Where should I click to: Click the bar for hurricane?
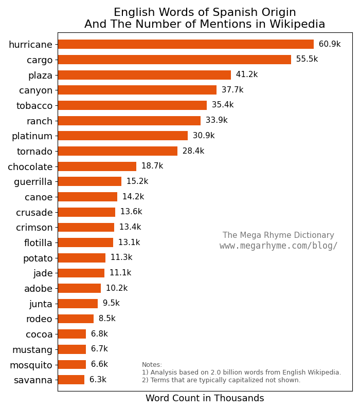pos(185,44)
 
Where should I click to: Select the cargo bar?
pos(174,60)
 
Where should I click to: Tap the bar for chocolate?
pos(97,166)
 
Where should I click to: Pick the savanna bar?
pos(71,380)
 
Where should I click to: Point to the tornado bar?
pos(117,151)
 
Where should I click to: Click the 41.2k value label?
pos(247,75)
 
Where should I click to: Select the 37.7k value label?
pos(232,90)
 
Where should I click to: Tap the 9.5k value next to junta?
pos(111,304)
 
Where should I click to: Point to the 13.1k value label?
pos(129,242)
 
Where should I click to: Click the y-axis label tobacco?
pos(34,106)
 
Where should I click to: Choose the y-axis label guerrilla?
pos(33,182)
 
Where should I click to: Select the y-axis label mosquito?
pos(31,365)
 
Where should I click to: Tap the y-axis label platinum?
pos(32,136)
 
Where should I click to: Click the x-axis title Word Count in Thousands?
pos(205,399)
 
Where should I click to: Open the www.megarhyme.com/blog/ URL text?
pos(279,246)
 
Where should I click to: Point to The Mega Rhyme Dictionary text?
pos(278,235)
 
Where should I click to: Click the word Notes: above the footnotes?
pos(152,365)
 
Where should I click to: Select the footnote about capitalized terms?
pos(221,380)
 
